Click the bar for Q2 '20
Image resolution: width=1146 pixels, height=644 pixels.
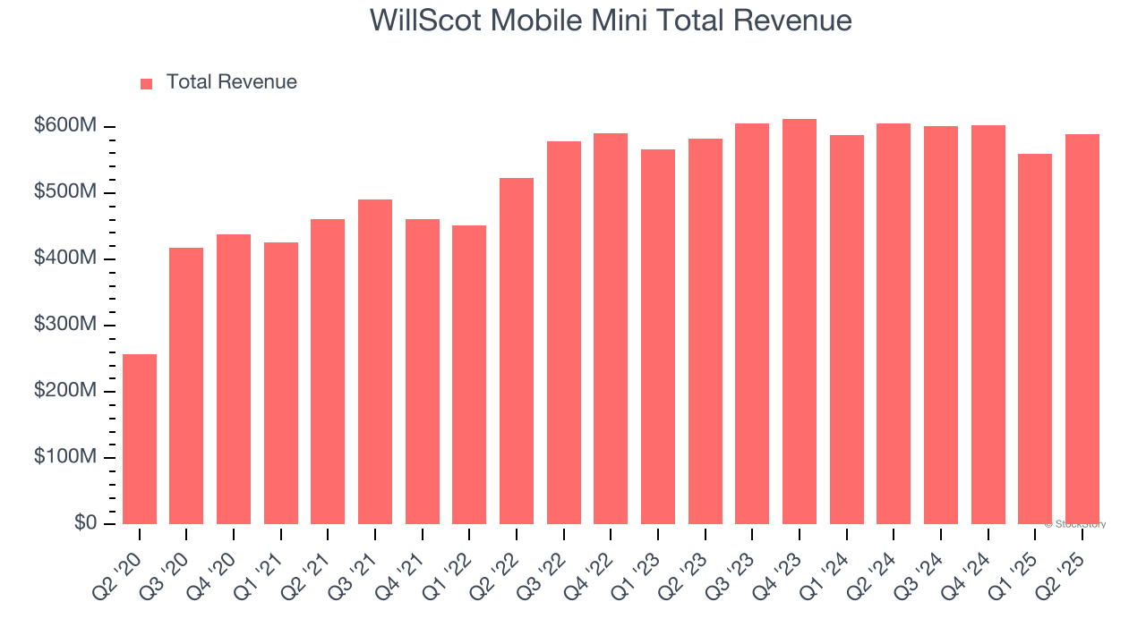140,438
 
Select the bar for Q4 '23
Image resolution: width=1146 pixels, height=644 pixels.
800,322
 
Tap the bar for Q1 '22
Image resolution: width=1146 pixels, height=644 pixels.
469,374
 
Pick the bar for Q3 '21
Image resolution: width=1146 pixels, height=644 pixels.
375,361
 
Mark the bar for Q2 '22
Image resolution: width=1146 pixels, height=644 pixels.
517,351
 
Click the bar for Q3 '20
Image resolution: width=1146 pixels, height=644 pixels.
186,386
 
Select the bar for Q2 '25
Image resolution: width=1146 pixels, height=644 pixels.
1082,329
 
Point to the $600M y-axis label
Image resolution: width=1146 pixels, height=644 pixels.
65,126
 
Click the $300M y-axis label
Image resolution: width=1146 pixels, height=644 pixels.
65,325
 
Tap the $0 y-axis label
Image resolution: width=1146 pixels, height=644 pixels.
84,523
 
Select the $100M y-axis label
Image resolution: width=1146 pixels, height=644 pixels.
65,457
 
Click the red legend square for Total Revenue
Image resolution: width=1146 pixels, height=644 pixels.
147,83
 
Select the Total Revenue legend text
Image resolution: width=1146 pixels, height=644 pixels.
231,82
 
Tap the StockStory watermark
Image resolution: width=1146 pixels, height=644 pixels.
1075,524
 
